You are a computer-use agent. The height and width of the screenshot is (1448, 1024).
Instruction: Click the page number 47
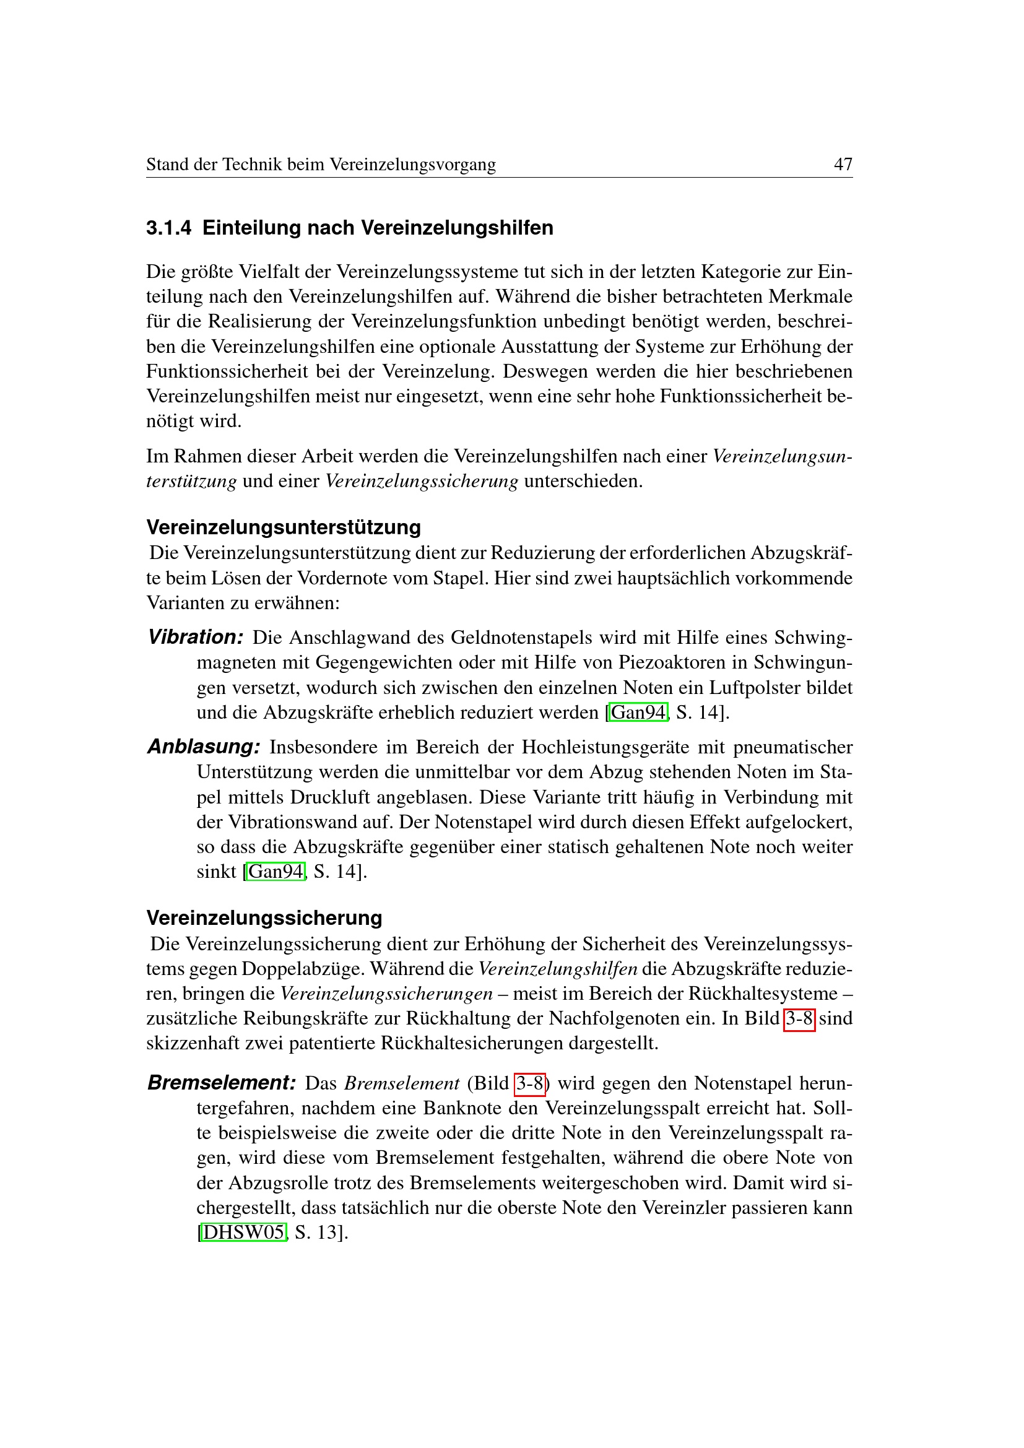(843, 165)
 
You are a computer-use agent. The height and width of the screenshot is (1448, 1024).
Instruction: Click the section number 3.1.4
(168, 228)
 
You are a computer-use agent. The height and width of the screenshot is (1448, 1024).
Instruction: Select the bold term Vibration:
(196, 637)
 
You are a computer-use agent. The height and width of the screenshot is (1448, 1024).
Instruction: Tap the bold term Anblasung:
(204, 747)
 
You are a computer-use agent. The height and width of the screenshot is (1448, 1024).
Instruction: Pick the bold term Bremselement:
(221, 1083)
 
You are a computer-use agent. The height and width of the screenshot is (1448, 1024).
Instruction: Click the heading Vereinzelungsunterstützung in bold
(283, 527)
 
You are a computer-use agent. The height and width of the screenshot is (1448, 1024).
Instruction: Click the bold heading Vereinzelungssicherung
(264, 917)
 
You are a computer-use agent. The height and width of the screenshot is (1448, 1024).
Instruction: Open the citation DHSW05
(243, 1233)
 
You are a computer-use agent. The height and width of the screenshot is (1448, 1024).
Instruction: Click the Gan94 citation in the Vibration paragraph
(638, 713)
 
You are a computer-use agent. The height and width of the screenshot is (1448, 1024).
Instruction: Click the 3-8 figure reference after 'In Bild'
(799, 1018)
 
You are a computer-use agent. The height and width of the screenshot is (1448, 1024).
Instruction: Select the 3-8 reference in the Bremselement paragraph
(530, 1083)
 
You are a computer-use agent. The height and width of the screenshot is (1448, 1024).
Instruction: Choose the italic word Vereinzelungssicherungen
(386, 994)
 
